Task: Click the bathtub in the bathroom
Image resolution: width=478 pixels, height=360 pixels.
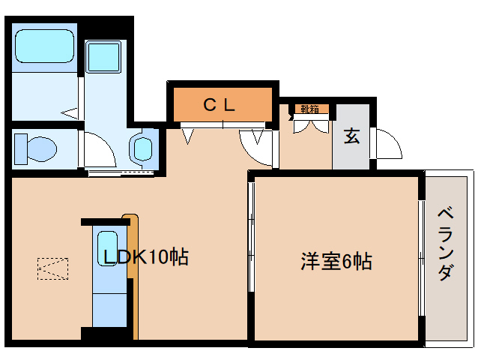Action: click(x=45, y=46)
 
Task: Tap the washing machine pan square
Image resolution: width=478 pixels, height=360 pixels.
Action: click(x=102, y=56)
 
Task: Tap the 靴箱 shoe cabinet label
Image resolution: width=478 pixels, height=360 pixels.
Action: click(x=309, y=109)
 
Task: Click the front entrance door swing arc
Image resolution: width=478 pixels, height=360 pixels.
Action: click(x=387, y=144)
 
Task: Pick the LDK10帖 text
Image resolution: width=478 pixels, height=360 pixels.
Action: click(x=145, y=258)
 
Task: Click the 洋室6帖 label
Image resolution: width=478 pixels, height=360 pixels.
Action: click(x=336, y=262)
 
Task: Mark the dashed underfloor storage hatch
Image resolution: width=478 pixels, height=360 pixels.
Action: click(x=52, y=268)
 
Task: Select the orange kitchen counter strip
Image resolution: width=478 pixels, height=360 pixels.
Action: click(x=132, y=247)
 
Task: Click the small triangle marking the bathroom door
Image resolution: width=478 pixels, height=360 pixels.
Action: click(x=70, y=113)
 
